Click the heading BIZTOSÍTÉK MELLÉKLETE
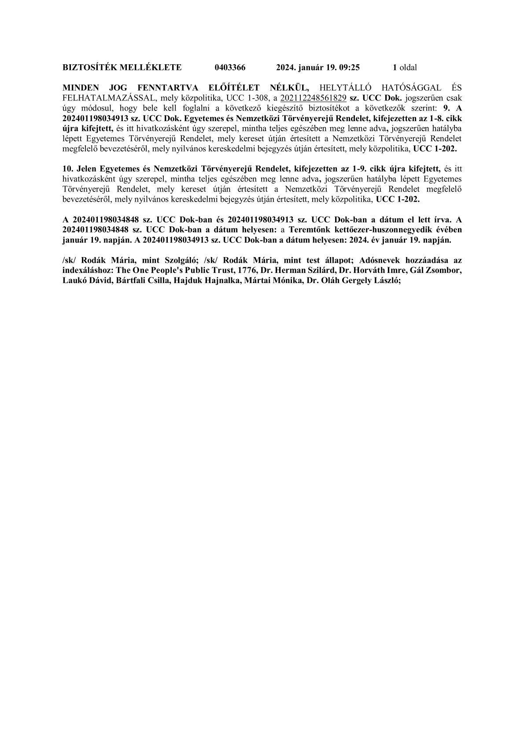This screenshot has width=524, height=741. [x=122, y=67]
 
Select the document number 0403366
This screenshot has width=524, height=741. [x=230, y=67]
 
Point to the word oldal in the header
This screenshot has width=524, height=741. [x=408, y=67]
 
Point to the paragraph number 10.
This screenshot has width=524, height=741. [x=68, y=169]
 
